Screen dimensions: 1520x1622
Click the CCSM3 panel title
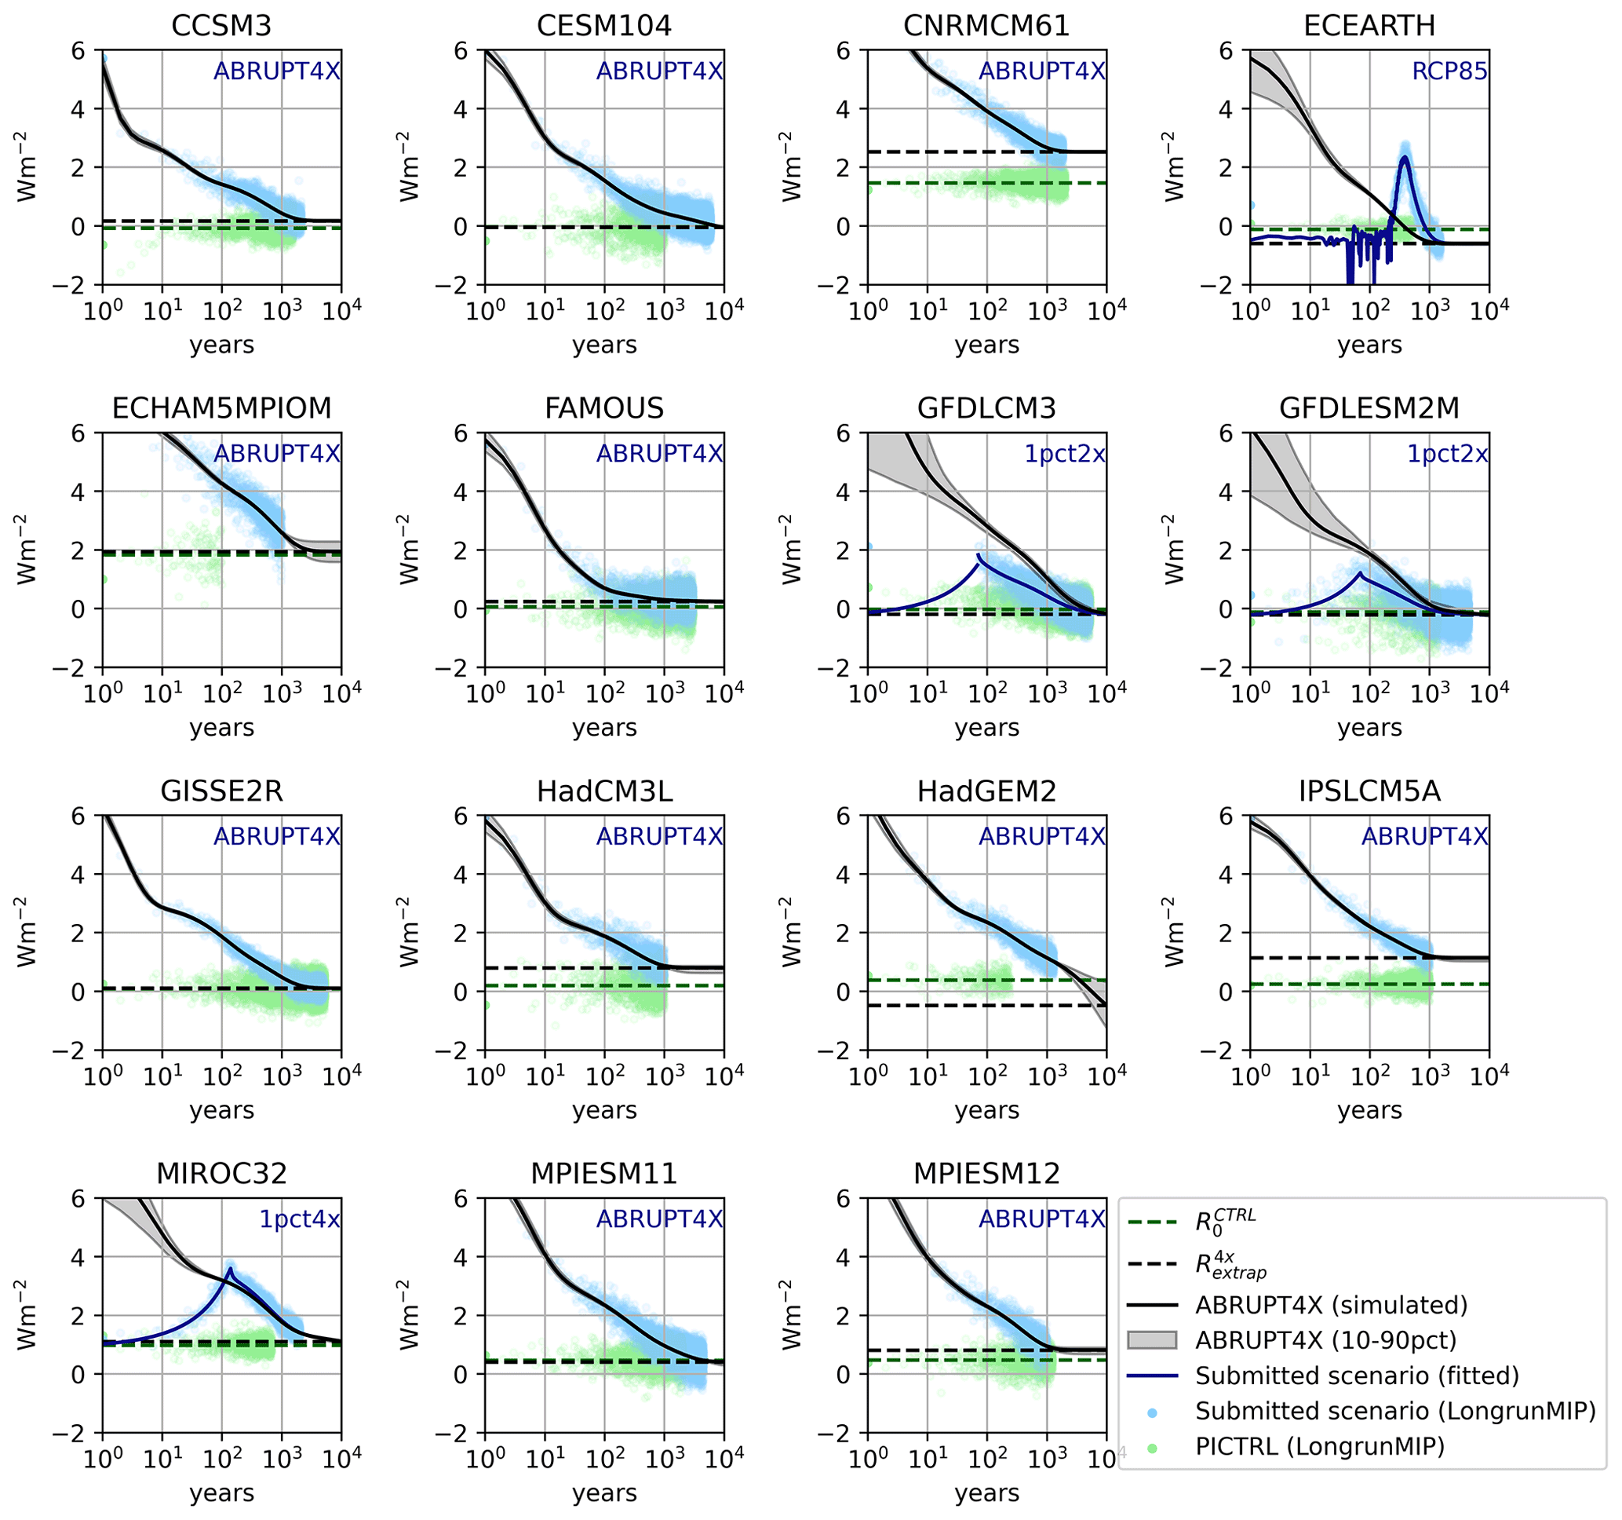coord(221,25)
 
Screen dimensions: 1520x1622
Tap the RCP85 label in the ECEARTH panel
coord(1449,71)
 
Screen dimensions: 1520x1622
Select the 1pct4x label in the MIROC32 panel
coord(300,1219)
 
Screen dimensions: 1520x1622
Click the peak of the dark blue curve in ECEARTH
coord(1405,158)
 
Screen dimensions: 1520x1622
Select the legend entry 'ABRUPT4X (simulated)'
coord(1331,1305)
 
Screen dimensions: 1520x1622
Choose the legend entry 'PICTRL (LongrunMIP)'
coord(1319,1445)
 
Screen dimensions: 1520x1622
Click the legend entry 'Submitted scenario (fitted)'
coord(1357,1376)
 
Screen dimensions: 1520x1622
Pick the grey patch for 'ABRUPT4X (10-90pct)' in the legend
coord(1151,1339)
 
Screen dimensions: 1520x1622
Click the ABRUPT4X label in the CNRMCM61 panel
coord(1041,71)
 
